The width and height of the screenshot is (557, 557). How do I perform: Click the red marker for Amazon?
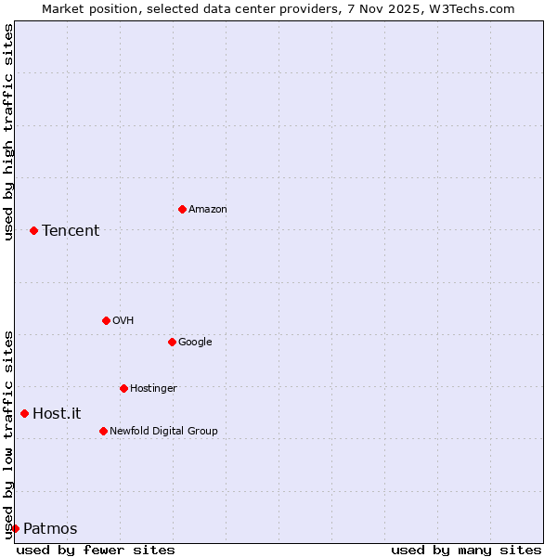coord(182,209)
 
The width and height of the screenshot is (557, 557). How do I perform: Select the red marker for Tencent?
coord(33,230)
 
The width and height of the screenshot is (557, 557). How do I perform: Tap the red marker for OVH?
coord(106,320)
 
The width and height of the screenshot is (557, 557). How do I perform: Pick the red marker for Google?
coord(172,342)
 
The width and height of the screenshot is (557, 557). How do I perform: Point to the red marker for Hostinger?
coord(123,388)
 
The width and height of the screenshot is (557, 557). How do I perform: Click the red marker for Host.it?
coord(24,413)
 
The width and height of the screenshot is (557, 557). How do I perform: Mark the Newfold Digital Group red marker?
coord(103,431)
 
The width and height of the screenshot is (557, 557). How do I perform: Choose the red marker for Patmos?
coord(15,528)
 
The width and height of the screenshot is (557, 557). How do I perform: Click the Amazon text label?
coord(208,210)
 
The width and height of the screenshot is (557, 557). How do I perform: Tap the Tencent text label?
coord(71,231)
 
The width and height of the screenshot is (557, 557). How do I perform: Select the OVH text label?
coord(123,321)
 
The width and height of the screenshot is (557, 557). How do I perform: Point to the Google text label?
coord(195,343)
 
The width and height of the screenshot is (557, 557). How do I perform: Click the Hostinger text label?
coord(153,389)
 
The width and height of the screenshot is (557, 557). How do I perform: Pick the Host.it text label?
coord(57,414)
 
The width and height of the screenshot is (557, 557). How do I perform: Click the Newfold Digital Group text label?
coord(163,432)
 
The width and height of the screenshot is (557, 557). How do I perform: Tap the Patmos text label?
coord(50,529)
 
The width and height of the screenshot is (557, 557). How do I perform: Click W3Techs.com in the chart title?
coord(478,8)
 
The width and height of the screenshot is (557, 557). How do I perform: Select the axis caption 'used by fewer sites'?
coord(96,550)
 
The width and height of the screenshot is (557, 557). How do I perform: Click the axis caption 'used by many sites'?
coord(466,550)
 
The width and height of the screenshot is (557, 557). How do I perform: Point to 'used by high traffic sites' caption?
coord(8,132)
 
